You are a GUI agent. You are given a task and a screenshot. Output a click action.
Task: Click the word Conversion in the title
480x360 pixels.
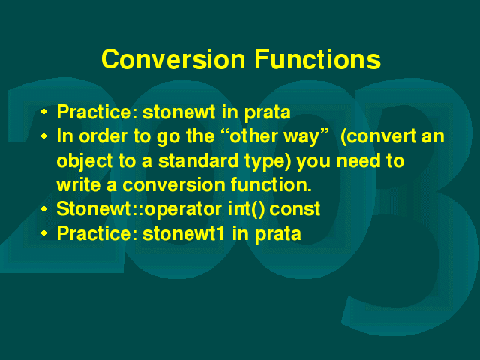tap(173, 58)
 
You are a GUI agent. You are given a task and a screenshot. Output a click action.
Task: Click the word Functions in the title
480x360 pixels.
tap(318, 58)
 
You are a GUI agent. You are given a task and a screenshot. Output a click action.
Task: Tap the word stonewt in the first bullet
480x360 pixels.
tap(179, 112)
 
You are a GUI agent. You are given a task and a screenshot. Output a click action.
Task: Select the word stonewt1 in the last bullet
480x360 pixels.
tap(184, 234)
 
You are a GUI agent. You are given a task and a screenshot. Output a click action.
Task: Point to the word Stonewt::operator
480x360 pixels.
tap(139, 210)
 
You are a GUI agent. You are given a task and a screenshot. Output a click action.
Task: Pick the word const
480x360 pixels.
tap(295, 210)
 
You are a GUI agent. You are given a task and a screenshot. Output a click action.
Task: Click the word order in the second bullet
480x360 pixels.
tap(102, 136)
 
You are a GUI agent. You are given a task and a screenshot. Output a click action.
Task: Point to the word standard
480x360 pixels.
tap(198, 161)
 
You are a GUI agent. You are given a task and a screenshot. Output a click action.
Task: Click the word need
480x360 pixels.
tap(358, 161)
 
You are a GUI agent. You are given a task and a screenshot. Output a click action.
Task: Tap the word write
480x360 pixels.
tap(78, 185)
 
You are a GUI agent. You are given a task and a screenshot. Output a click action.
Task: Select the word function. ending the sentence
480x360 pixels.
tap(271, 185)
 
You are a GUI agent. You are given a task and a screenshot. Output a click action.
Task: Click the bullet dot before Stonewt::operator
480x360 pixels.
tap(44, 209)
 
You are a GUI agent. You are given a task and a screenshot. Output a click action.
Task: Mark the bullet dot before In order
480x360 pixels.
tap(44, 136)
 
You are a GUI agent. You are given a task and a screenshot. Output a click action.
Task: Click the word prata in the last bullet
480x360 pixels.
tap(278, 235)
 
